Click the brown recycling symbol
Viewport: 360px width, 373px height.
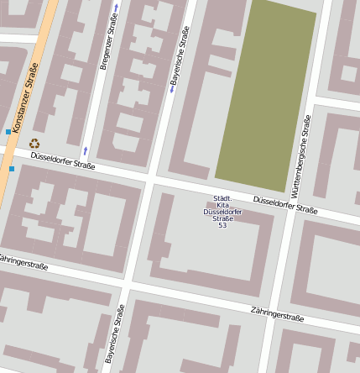pos(34,144)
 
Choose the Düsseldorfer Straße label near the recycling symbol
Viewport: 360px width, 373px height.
pos(62,160)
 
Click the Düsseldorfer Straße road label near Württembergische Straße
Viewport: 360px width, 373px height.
pos(285,204)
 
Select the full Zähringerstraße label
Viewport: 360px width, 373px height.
pos(277,315)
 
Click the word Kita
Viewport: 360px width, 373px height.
pos(222,205)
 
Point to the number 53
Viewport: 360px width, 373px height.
pos(222,225)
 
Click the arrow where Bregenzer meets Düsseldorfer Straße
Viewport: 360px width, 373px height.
pos(85,151)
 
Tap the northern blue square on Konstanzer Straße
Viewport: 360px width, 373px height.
pos(8,132)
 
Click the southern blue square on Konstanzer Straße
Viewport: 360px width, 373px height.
pos(12,169)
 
